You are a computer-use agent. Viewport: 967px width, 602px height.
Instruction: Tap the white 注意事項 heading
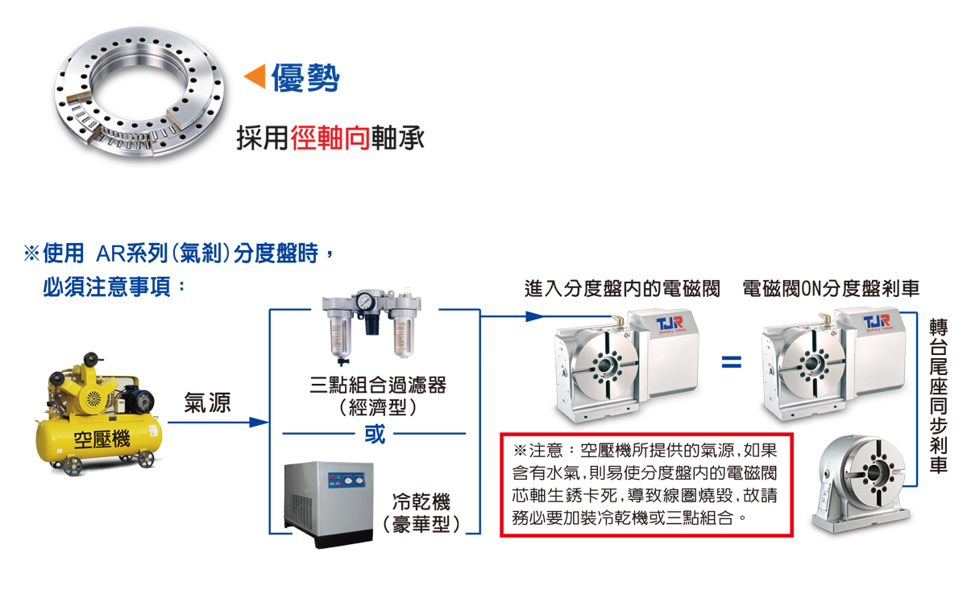[x=81, y=312]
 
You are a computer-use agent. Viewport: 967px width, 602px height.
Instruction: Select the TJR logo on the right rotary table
[x=878, y=324]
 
